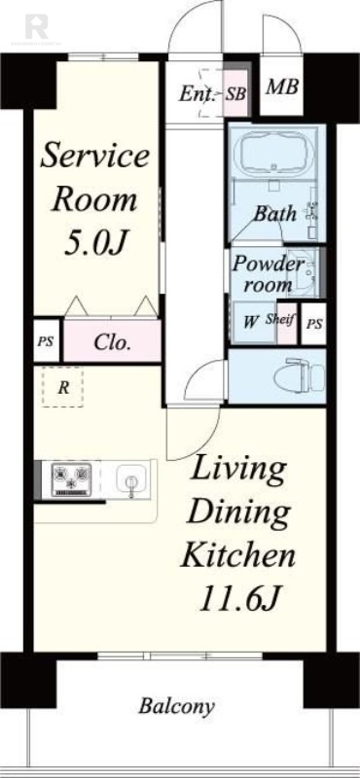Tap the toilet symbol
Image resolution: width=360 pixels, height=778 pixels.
coord(299,376)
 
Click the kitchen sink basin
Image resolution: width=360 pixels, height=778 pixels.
coord(131,479)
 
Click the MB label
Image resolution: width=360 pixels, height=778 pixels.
coord(281,88)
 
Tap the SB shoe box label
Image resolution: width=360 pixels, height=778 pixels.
coord(235,93)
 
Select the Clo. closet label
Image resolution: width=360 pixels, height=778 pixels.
coord(113,342)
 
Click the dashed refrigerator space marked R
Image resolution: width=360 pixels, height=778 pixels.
coord(62,387)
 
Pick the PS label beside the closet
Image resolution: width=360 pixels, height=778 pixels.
coord(46,342)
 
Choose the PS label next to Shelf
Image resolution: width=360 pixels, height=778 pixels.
coord(314,325)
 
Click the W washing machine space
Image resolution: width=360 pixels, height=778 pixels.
coord(252,323)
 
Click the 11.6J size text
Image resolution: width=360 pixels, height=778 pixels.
coord(237,600)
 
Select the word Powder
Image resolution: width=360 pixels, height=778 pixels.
coord(269,263)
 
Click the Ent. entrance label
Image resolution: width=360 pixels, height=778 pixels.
coord(198,93)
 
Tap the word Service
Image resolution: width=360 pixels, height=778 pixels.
coord(94,156)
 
